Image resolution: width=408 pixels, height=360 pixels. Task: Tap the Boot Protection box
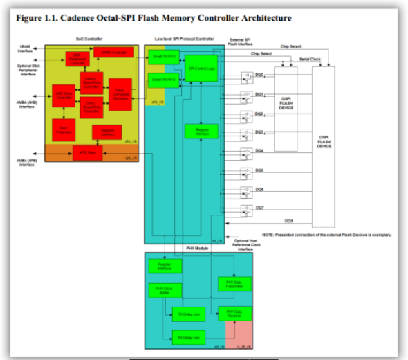tap(64, 129)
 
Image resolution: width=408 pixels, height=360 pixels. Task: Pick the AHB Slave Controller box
tap(64, 96)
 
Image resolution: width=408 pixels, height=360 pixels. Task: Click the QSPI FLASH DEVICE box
tap(286, 106)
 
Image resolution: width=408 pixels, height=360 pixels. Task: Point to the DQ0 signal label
tap(259, 73)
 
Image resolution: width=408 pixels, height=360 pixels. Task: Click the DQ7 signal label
tap(259, 207)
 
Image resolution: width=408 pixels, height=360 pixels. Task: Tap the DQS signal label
tap(288, 221)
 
